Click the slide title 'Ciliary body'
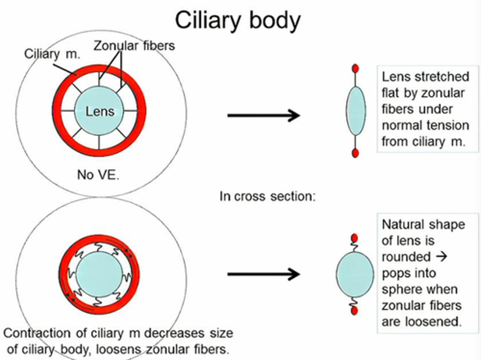point(237,20)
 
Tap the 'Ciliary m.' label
point(52,54)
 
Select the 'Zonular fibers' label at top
point(134,46)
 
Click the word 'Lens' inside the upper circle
point(100,111)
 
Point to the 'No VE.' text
point(98,174)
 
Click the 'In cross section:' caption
point(267,196)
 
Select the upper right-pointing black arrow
point(264,115)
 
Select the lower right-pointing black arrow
point(264,274)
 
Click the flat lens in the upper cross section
point(356,111)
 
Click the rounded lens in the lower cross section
point(355,274)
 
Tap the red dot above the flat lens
point(355,69)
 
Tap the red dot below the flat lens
point(355,153)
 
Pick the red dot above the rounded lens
point(354,238)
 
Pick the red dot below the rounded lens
point(354,311)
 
